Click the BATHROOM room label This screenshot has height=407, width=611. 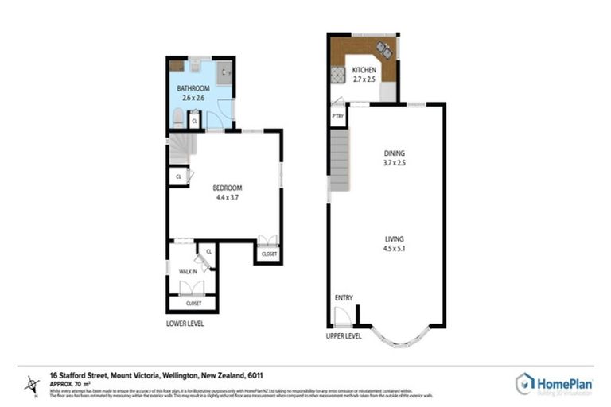click(193, 87)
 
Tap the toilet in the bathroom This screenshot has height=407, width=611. click(177, 119)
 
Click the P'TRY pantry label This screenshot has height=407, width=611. click(337, 116)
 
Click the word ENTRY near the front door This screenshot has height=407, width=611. click(344, 297)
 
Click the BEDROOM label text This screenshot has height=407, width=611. click(227, 188)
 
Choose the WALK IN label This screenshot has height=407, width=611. click(187, 271)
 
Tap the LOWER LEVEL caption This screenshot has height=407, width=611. click(185, 324)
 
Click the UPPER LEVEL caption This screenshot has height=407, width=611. click(344, 335)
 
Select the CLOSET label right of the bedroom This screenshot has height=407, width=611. click(268, 254)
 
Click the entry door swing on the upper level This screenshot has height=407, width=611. click(342, 316)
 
